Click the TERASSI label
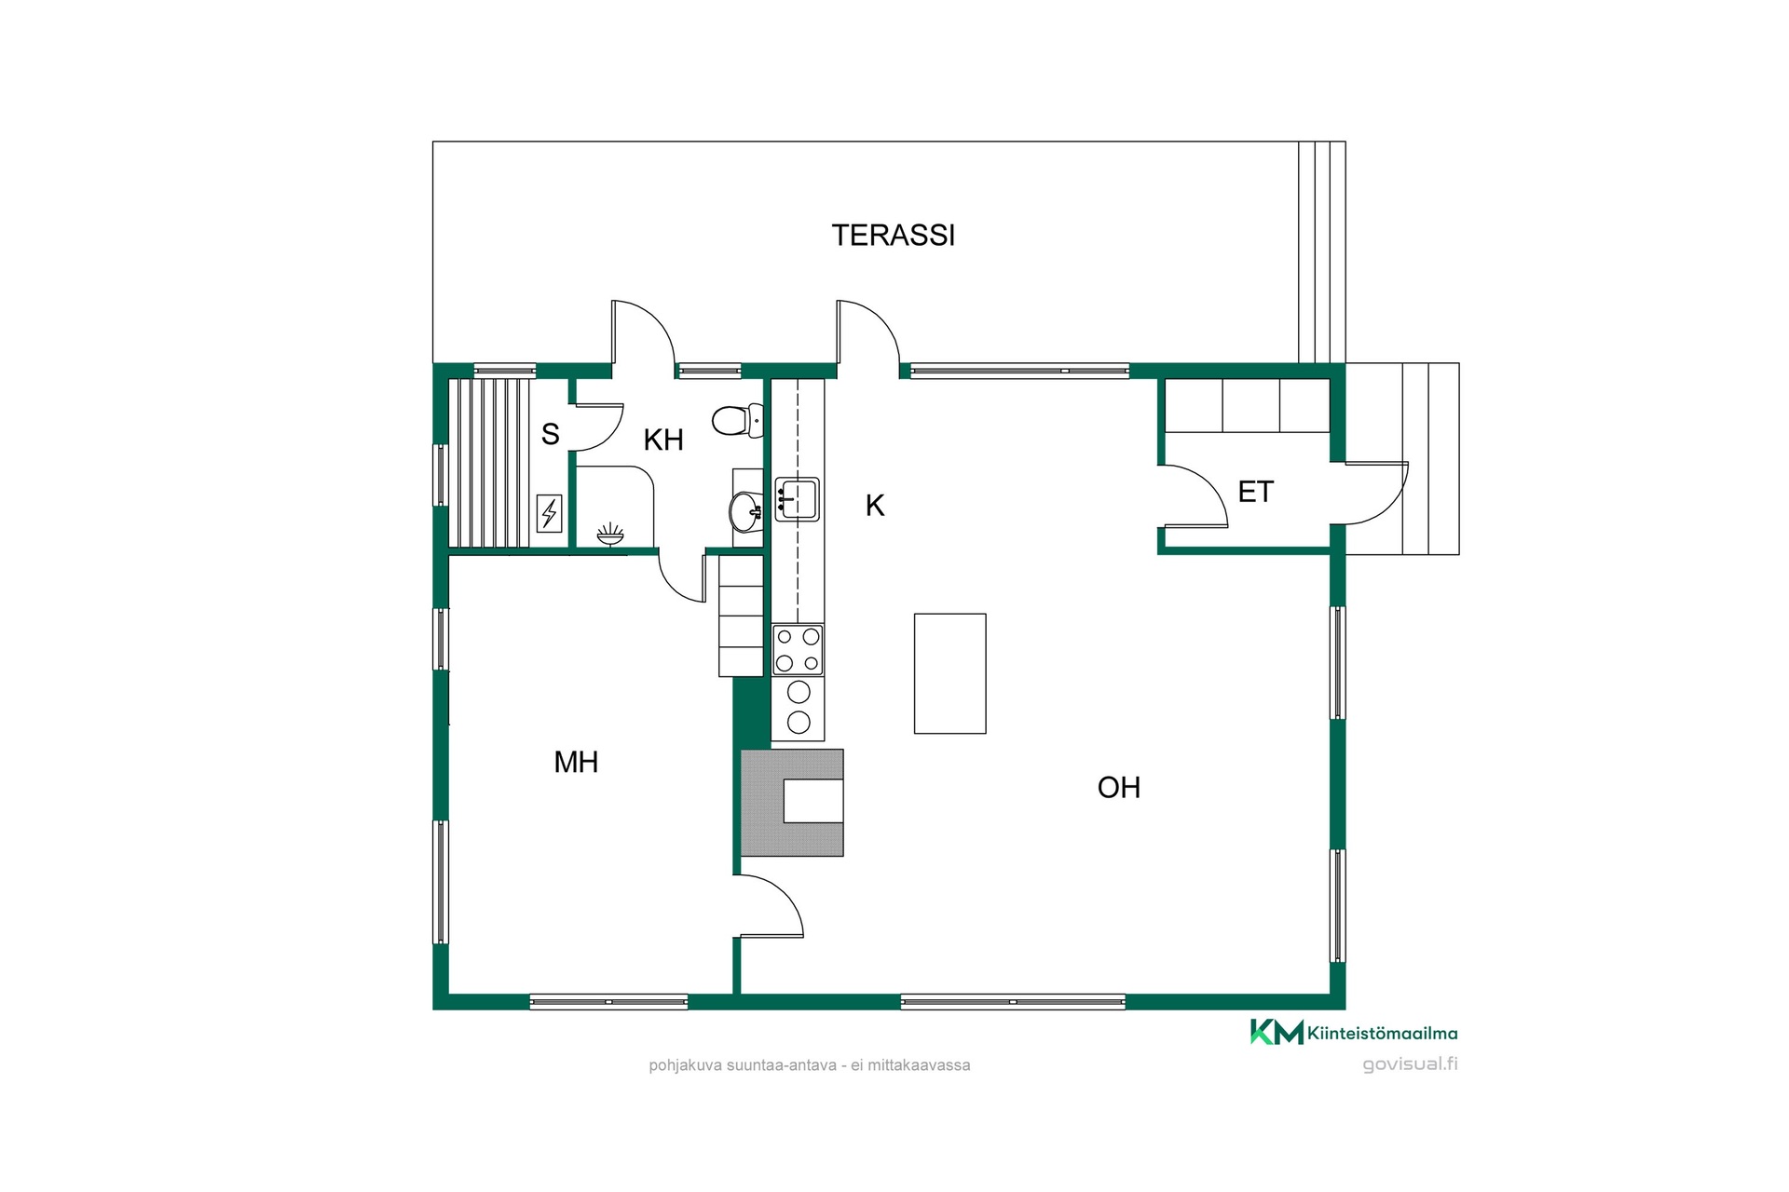(x=894, y=236)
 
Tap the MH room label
(x=576, y=763)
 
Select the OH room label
(x=1118, y=788)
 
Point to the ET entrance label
(x=1255, y=492)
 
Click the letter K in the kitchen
(x=875, y=506)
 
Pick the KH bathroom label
(x=663, y=440)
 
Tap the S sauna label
(x=551, y=434)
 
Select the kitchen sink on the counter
(x=797, y=499)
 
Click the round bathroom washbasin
(x=745, y=510)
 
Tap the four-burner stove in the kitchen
(x=798, y=650)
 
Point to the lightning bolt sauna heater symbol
(x=550, y=513)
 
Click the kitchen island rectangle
(x=949, y=673)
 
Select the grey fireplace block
(x=792, y=803)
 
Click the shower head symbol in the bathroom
(x=610, y=534)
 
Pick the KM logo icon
(x=1277, y=1032)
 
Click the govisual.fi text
(x=1410, y=1064)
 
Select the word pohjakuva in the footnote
(x=686, y=1065)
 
